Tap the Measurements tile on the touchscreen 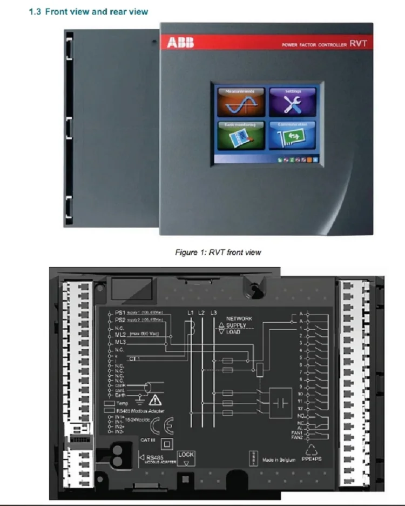[241, 103]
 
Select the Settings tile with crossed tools [293, 103]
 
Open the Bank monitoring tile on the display [241, 136]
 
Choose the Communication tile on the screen [293, 136]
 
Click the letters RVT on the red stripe [358, 44]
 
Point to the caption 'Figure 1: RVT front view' [218, 252]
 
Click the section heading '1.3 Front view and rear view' [88, 11]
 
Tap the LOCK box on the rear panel [186, 458]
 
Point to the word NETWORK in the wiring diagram [239, 319]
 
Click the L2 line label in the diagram [201, 313]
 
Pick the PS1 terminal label [119, 313]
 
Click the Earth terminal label [120, 396]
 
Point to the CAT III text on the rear [147, 441]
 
